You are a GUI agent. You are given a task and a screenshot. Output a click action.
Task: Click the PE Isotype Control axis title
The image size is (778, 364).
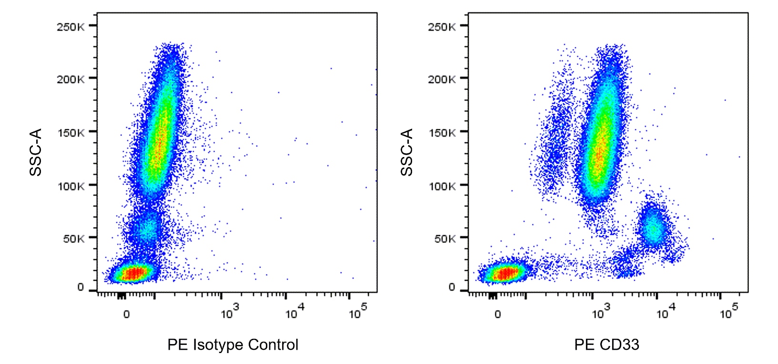tap(232, 344)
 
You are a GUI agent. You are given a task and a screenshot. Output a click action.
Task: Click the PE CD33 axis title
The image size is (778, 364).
tap(606, 344)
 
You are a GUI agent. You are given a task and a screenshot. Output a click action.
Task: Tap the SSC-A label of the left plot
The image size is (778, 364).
tap(36, 152)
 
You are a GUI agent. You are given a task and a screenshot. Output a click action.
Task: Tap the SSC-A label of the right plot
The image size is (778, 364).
tap(406, 152)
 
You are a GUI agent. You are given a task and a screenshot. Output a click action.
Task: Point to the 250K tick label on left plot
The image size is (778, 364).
tap(70, 27)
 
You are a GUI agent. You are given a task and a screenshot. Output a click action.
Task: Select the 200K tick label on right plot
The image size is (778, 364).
tap(441, 79)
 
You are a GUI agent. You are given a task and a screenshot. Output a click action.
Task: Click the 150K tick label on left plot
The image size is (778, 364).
tap(70, 132)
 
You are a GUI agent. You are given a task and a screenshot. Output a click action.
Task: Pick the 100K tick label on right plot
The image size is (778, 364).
tap(441, 186)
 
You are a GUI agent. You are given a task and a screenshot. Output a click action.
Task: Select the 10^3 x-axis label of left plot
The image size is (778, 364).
tap(229, 312)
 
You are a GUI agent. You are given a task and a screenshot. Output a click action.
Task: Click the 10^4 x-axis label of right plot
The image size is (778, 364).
tap(665, 312)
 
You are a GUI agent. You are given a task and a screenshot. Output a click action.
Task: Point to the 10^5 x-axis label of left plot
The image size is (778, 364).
tap(357, 312)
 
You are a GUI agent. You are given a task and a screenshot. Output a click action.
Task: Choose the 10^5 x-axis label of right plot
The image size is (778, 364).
tap(728, 312)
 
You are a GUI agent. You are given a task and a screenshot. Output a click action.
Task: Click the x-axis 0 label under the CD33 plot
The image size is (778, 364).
tap(497, 315)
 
